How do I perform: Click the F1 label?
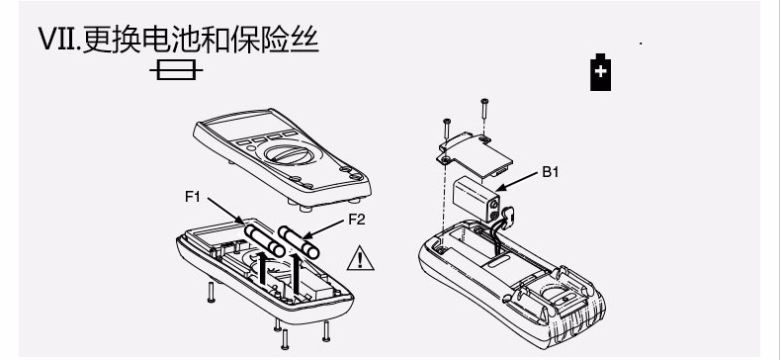pyautogui.click(x=192, y=197)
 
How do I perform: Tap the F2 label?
pyautogui.click(x=357, y=220)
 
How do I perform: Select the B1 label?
pyautogui.click(x=551, y=172)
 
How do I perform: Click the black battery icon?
pyautogui.click(x=600, y=72)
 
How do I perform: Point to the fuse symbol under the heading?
pyautogui.click(x=176, y=70)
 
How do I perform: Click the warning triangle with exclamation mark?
pyautogui.click(x=361, y=258)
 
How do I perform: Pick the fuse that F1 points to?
pyautogui.click(x=265, y=241)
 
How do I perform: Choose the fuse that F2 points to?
pyautogui.click(x=299, y=242)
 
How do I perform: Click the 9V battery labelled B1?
pyautogui.click(x=477, y=198)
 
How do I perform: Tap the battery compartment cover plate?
pyautogui.click(x=474, y=154)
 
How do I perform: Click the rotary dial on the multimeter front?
pyautogui.click(x=289, y=152)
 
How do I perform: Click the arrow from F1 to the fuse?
pyautogui.click(x=225, y=211)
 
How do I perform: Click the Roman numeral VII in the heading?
pyautogui.click(x=58, y=39)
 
